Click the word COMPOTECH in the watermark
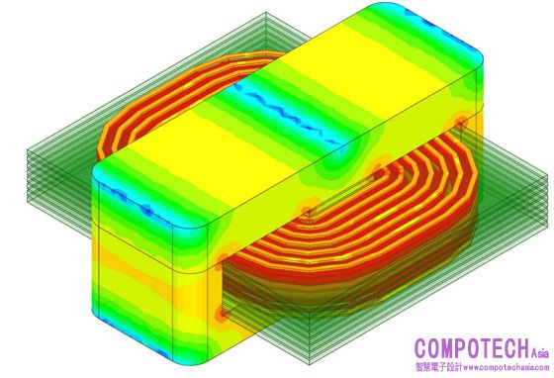473,348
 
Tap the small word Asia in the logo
540,353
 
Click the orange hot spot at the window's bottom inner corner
222,313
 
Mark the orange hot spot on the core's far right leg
459,123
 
